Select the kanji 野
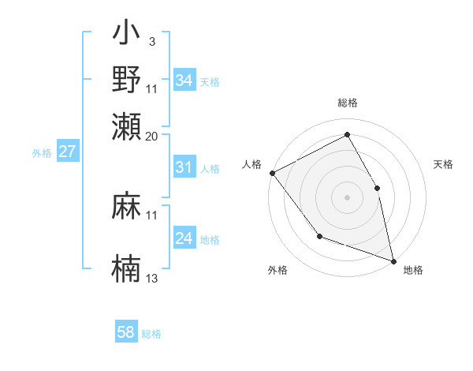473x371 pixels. point(126,80)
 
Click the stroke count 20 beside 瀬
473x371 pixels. point(152,136)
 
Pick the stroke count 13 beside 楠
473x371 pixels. point(152,278)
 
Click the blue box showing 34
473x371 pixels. point(184,81)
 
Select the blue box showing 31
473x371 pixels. point(184,167)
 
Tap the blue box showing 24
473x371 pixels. point(184,238)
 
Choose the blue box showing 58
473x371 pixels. point(126,332)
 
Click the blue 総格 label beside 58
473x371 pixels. point(151,334)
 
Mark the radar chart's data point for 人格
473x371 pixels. point(272,173)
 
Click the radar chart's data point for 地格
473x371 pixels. point(393,260)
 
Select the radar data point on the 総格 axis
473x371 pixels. point(347,133)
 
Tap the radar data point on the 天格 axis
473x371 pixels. point(377,188)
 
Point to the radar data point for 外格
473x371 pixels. point(319,235)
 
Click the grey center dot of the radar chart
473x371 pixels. point(347,197)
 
